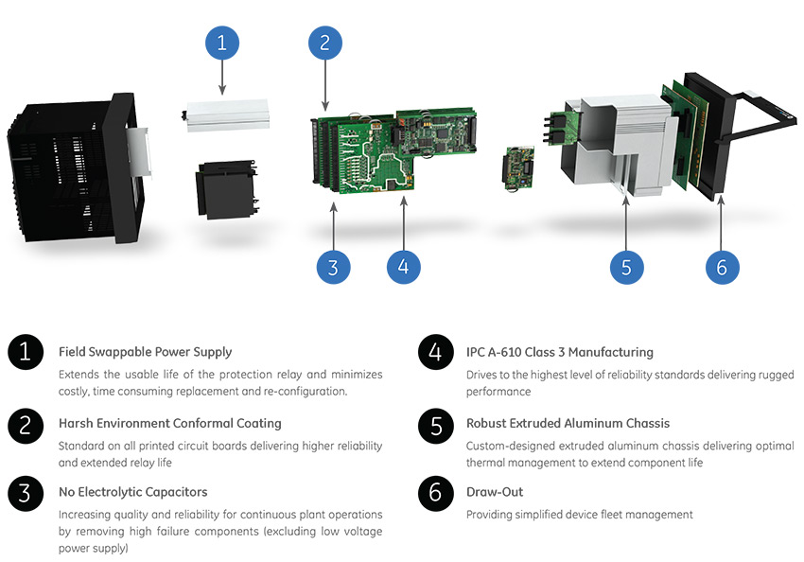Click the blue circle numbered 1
point(222,43)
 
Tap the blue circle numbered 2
point(324,43)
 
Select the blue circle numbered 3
point(332,267)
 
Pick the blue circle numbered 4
point(404,267)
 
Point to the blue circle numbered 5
point(626,267)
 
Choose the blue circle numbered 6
point(722,267)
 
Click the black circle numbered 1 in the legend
point(25,353)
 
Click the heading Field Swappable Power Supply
point(145,352)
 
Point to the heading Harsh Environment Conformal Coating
point(169,423)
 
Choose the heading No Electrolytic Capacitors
point(132,492)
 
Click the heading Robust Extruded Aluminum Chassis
point(568,423)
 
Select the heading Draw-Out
point(495,492)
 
